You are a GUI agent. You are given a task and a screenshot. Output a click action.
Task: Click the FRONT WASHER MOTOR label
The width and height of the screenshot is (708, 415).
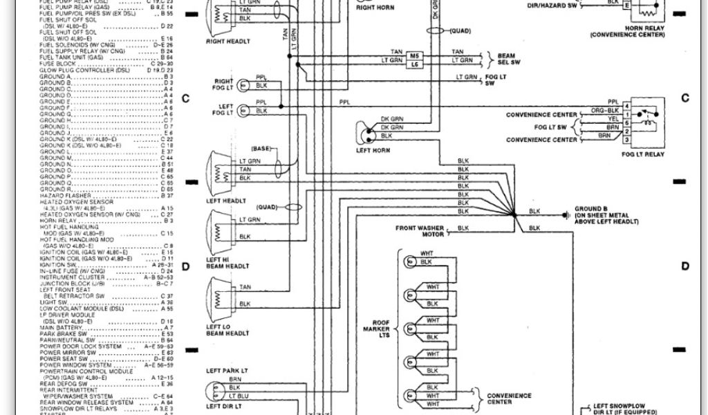click(x=420, y=230)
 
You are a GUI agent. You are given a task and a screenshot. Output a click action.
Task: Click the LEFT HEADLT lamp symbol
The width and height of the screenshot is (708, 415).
click(x=220, y=169)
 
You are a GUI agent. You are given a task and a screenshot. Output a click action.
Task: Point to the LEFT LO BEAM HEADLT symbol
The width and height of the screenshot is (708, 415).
click(x=220, y=295)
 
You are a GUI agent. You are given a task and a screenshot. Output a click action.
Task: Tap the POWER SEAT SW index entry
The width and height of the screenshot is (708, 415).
click(x=62, y=358)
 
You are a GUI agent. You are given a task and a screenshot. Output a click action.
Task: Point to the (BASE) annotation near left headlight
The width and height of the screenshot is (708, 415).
click(x=261, y=149)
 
